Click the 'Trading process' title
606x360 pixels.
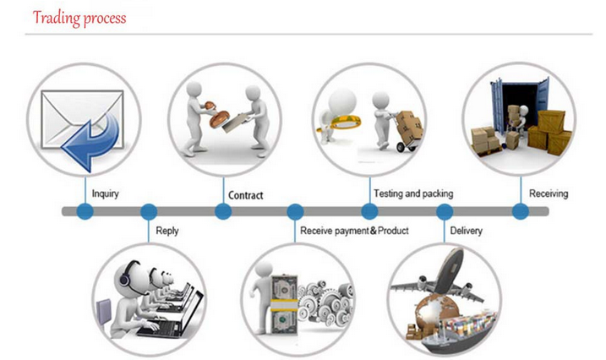[x=79, y=18]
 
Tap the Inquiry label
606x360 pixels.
[x=105, y=194]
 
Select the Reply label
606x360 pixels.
[x=167, y=230]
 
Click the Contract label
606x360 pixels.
[x=245, y=195]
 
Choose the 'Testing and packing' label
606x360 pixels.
[x=412, y=194]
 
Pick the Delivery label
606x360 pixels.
[x=467, y=230]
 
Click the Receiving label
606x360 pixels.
[x=549, y=194]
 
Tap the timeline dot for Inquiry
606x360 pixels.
[x=84, y=211]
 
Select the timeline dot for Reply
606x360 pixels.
[x=148, y=211]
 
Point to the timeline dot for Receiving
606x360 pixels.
[x=520, y=211]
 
